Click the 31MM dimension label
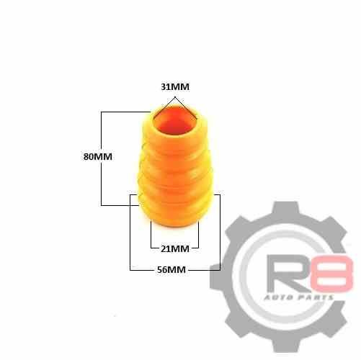pos(175,86)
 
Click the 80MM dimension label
pos(98,157)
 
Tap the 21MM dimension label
pos(175,249)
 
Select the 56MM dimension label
pos(171,270)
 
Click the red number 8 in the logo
pos(331,273)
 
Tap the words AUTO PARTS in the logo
pos(299,297)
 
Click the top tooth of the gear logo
pos(286,208)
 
